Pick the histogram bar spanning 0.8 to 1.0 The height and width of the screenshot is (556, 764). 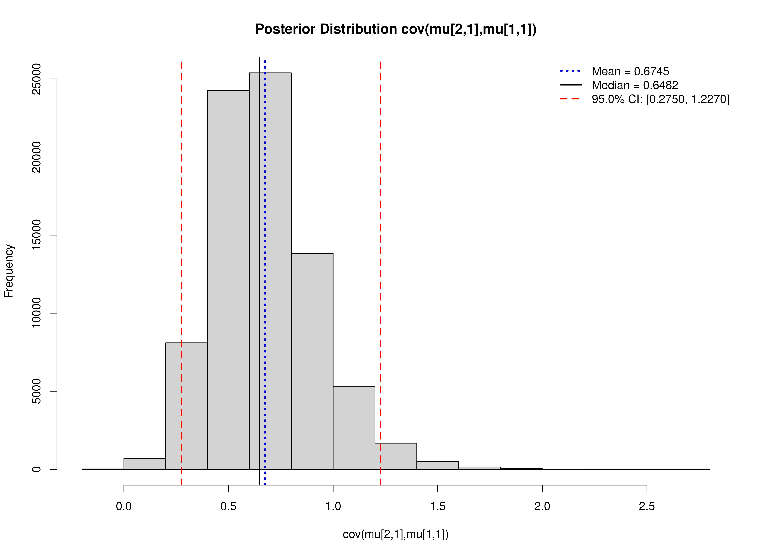coord(312,361)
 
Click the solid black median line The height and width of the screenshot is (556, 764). coord(259,202)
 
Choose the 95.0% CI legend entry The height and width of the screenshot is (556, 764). coord(660,99)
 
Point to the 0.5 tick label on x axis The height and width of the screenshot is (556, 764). coord(228,506)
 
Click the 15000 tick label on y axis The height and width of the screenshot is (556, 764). coord(36,235)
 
